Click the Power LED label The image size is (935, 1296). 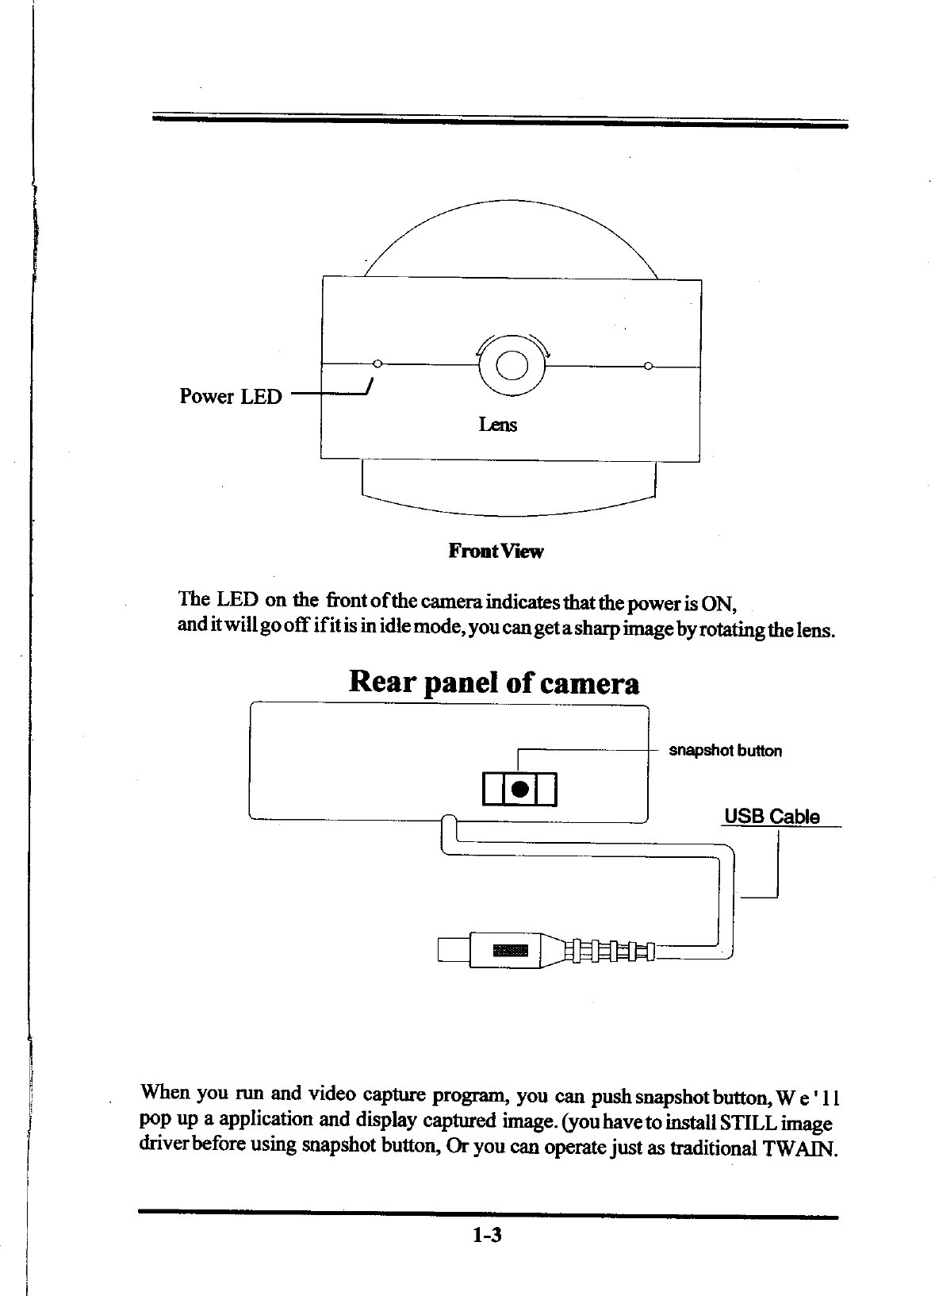pyautogui.click(x=230, y=396)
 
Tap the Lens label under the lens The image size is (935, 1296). pyautogui.click(x=497, y=425)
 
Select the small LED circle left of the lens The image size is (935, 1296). pyautogui.click(x=377, y=365)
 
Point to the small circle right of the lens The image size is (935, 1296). pyautogui.click(x=648, y=366)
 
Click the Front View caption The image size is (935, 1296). pyautogui.click(x=496, y=551)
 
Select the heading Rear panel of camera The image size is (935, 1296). pyautogui.click(x=493, y=683)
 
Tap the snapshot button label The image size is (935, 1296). pyautogui.click(x=725, y=751)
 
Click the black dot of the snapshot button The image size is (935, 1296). pyautogui.click(x=519, y=789)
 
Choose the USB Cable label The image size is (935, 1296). pyautogui.click(x=772, y=817)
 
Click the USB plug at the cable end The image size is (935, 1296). pyautogui.click(x=489, y=949)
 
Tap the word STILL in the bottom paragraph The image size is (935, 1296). pyautogui.click(x=743, y=1124)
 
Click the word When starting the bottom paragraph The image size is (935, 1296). pyautogui.click(x=164, y=1094)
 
